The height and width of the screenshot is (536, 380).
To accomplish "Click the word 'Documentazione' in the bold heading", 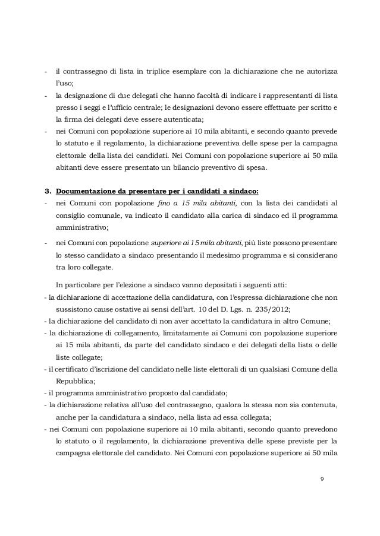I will [x=83, y=191].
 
